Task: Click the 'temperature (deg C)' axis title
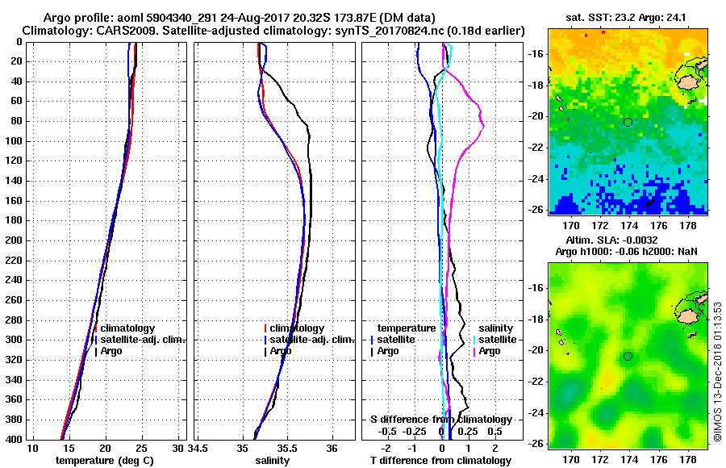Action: (x=104, y=461)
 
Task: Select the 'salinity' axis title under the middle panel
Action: (x=273, y=461)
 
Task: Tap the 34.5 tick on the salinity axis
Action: (x=198, y=448)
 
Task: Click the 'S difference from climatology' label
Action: (x=441, y=420)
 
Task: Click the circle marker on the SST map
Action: (x=628, y=122)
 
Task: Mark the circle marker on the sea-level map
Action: (x=628, y=356)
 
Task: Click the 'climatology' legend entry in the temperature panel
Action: (x=127, y=329)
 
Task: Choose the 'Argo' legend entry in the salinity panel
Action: (x=281, y=351)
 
